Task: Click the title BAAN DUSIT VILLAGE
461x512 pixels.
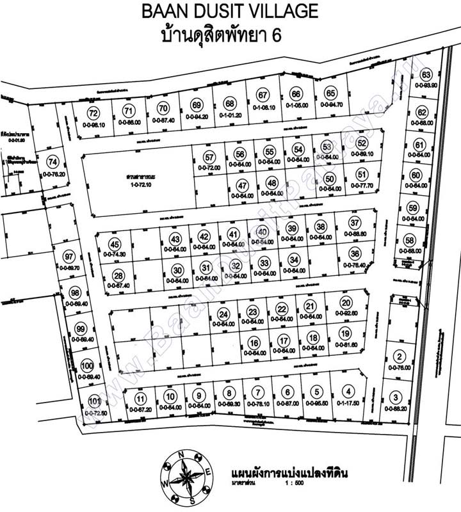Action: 230,11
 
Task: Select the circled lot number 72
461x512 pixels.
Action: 94,113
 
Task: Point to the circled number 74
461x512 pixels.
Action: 53,162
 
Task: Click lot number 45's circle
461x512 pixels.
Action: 115,244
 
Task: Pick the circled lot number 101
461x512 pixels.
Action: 95,403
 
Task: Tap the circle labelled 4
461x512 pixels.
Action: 348,392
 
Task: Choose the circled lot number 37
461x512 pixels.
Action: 355,223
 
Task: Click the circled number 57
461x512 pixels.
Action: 209,157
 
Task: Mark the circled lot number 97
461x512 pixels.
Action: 70,257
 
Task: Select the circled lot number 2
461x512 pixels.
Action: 400,357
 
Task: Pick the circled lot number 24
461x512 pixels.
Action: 223,314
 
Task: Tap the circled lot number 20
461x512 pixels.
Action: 346,303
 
